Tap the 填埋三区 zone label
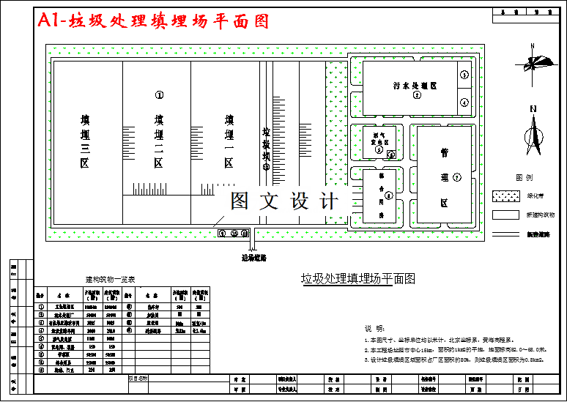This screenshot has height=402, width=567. pos(86,141)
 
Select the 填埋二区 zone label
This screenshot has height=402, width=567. pos(158,141)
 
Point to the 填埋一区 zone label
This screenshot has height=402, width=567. pos(229,141)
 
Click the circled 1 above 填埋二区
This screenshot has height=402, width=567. pos(159,94)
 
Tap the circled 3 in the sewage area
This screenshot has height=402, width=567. pos(464,75)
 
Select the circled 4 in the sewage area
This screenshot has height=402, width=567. pos(464,102)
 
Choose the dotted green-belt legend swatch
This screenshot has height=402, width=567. pos(505,196)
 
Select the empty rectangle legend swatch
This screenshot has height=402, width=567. pos(505,215)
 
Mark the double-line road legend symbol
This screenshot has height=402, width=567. pos(505,234)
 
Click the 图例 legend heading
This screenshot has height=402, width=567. pos(525,178)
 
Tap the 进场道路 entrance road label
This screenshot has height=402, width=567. pos(254,257)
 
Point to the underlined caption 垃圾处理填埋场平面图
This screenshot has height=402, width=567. pos(358,278)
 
